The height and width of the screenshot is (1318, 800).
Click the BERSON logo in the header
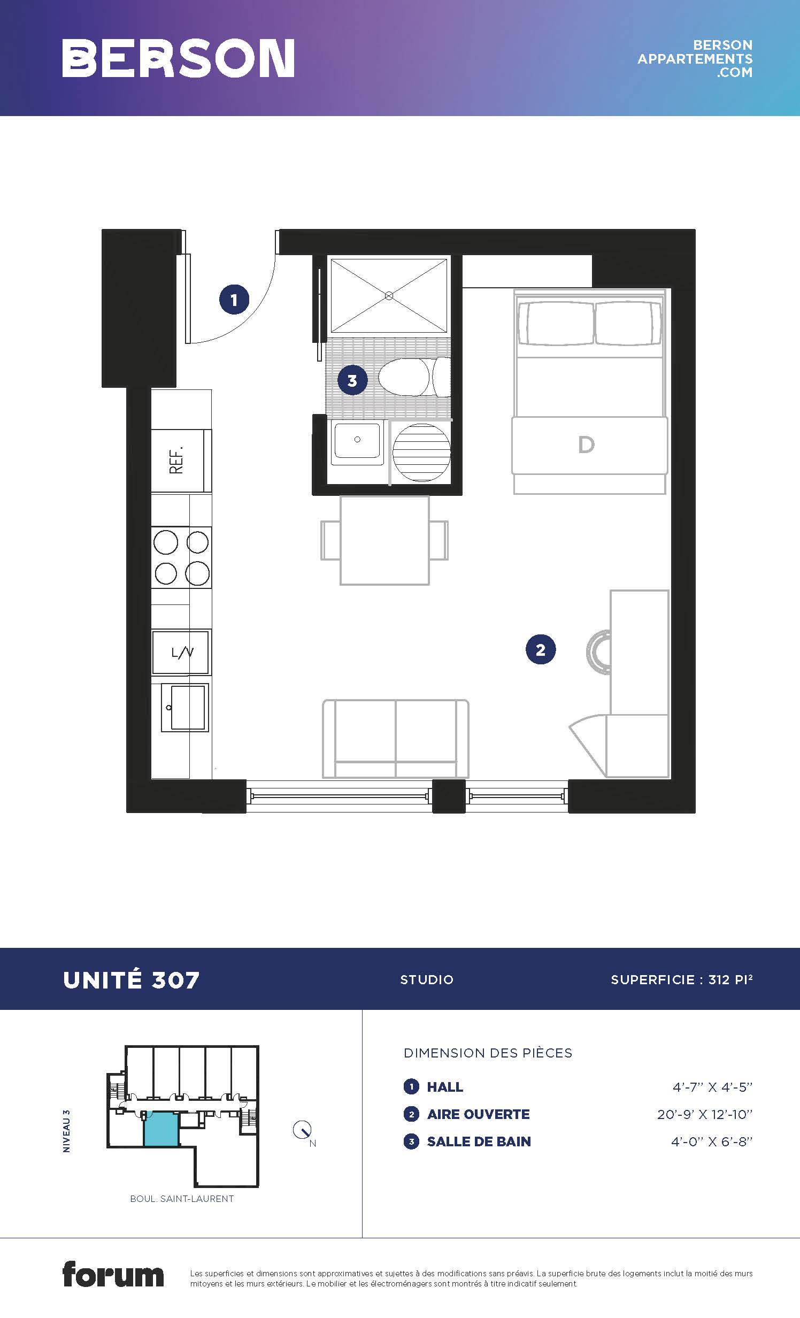click(x=178, y=58)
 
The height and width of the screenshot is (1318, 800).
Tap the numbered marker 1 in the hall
click(x=234, y=300)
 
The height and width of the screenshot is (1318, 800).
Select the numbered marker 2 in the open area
click(x=541, y=649)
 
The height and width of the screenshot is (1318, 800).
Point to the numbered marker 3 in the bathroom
click(x=352, y=380)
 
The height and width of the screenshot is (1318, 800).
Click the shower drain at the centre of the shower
click(x=389, y=295)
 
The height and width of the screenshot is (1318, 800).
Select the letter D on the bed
click(x=586, y=445)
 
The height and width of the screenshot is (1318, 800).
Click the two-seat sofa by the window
click(x=396, y=739)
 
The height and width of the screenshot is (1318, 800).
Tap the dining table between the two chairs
click(x=384, y=540)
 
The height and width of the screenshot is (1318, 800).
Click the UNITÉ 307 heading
click(x=131, y=980)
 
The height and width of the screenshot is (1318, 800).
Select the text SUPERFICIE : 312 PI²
click(x=682, y=979)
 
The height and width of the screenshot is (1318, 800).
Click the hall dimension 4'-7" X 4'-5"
click(x=712, y=1087)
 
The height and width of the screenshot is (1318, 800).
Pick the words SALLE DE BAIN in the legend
click(x=479, y=1141)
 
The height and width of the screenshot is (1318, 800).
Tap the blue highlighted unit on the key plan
click(x=161, y=1129)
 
